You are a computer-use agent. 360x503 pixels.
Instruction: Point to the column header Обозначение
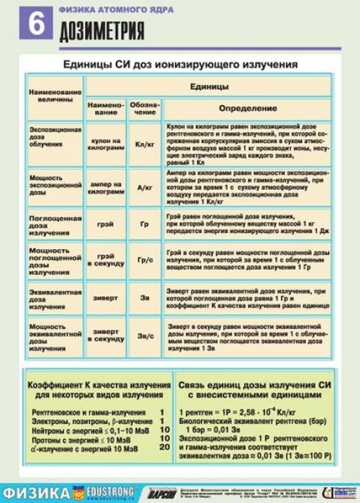pos(144,108)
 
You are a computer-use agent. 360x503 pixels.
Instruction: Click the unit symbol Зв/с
pos(145,335)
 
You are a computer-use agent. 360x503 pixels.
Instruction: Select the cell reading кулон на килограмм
pos(106,144)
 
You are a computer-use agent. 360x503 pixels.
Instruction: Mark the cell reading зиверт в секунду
pos(106,335)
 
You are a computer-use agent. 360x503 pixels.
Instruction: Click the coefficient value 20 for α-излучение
pos(163,448)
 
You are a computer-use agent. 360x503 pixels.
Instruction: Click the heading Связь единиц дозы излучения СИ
pos(258,386)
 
